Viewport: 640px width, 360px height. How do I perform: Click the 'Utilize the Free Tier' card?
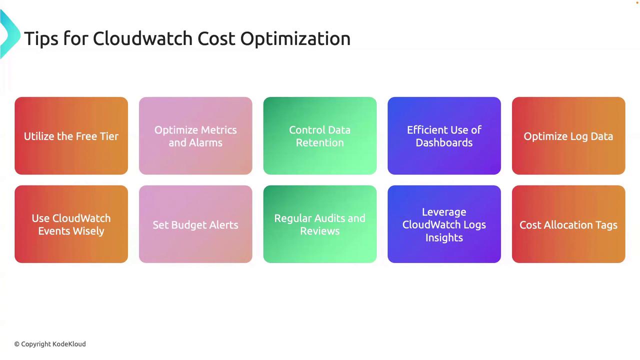pos(71,135)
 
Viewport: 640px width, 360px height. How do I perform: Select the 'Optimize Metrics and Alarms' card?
pos(195,135)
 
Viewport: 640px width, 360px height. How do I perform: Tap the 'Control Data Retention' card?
pos(320,135)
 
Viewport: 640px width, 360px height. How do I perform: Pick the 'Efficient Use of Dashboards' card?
pos(444,135)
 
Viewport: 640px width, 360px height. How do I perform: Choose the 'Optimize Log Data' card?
pos(568,135)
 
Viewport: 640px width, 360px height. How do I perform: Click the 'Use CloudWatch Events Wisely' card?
pos(71,224)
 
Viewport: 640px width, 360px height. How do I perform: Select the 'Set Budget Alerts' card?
pos(195,224)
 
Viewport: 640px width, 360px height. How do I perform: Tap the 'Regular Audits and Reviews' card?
pos(320,224)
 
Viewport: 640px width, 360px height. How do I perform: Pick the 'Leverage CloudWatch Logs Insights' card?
pos(444,224)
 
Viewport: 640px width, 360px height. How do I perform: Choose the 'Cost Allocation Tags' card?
pos(568,224)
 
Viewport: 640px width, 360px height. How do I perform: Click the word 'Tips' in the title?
pos(41,39)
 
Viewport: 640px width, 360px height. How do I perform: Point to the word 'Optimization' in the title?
pos(295,39)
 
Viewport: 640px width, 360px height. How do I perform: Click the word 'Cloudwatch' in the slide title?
pos(142,38)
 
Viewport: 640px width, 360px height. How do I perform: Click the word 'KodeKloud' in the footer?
pos(69,344)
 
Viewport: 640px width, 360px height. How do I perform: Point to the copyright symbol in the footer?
pos(17,344)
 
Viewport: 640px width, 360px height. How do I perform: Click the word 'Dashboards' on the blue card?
pos(444,142)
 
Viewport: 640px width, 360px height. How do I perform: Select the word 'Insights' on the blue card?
pos(444,237)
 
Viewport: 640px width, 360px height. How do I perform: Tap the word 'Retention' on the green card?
pos(319,142)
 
